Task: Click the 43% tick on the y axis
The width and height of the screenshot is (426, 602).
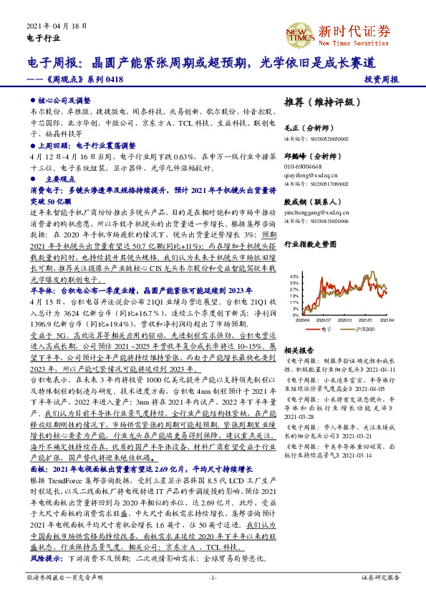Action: click(294, 275)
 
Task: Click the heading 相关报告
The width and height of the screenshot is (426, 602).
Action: click(299, 351)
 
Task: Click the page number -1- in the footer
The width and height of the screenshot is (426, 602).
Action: click(213, 576)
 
